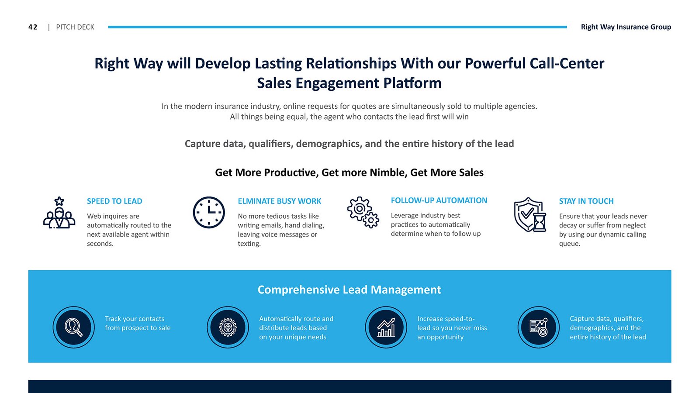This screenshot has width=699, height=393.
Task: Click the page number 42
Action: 33,27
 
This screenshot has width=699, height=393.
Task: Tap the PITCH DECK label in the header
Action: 75,27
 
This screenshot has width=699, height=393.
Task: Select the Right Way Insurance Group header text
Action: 626,27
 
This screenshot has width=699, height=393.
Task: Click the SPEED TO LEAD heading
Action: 114,201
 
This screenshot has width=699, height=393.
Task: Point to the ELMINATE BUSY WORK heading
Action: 279,201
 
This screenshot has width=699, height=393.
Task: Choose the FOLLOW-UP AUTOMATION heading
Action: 439,200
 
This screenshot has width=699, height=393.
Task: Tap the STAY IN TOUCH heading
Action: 586,201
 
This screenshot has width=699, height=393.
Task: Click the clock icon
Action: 209,212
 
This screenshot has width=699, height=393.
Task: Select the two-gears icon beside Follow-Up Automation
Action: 363,212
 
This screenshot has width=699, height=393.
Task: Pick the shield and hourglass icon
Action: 530,214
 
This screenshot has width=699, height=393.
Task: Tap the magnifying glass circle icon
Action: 74,327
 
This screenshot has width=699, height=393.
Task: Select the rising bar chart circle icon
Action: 386,327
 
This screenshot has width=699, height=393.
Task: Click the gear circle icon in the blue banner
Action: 228,327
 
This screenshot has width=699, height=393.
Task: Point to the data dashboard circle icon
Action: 539,327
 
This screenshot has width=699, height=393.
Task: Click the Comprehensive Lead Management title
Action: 349,290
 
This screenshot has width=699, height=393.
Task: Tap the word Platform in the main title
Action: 412,83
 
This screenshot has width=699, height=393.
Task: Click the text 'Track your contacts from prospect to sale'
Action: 138,323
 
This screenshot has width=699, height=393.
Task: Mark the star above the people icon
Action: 59,201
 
